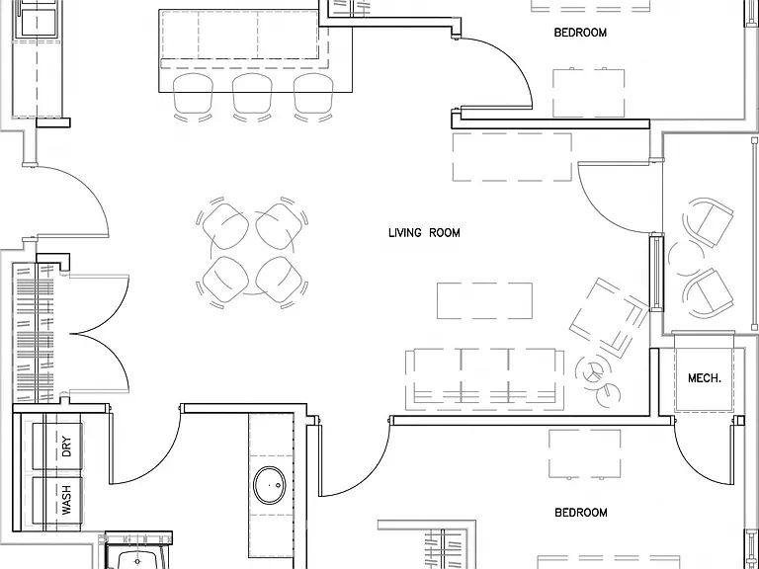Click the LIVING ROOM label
pyautogui.click(x=424, y=233)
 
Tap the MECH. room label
pyautogui.click(x=705, y=378)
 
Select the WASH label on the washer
pyautogui.click(x=66, y=500)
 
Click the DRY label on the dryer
pyautogui.click(x=66, y=447)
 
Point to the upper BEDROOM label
pyautogui.click(x=580, y=33)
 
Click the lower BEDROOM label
pyautogui.click(x=581, y=513)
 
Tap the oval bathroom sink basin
pyautogui.click(x=270, y=485)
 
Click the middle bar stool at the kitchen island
pyautogui.click(x=252, y=97)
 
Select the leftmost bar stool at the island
pyautogui.click(x=193, y=97)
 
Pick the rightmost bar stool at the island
pyautogui.click(x=313, y=97)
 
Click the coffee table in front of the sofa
pyautogui.click(x=484, y=301)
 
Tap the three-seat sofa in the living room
pyautogui.click(x=484, y=379)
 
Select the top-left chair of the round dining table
pyautogui.click(x=223, y=222)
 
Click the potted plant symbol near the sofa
pyautogui.click(x=594, y=372)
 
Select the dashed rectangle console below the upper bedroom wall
pyautogui.click(x=512, y=157)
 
